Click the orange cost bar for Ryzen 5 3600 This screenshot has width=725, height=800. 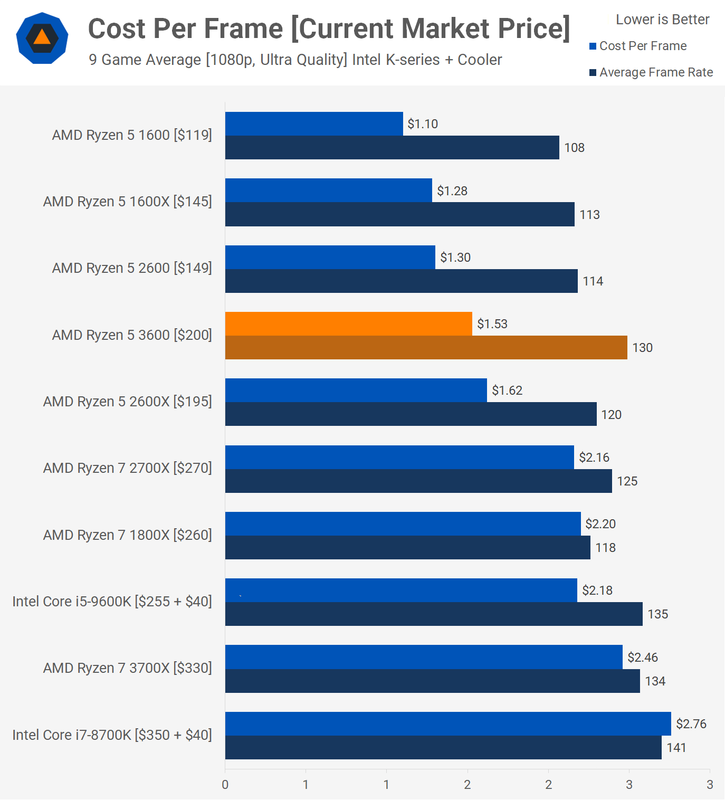click(x=348, y=323)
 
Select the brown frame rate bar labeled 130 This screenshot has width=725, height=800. click(x=426, y=347)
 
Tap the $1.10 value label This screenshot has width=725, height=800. click(x=423, y=124)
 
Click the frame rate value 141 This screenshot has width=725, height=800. click(x=676, y=748)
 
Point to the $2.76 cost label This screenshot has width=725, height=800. click(x=691, y=724)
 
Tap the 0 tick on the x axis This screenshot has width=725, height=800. click(x=225, y=785)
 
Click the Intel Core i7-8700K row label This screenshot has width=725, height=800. click(x=112, y=735)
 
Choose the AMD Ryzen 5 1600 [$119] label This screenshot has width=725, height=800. click(x=132, y=135)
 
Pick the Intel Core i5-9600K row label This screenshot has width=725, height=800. click(x=112, y=602)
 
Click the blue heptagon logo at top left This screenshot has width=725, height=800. click(x=42, y=38)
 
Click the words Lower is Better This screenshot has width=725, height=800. click(x=662, y=20)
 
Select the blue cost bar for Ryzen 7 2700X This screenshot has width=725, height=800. click(x=399, y=457)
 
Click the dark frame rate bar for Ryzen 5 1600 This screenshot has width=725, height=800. click(x=392, y=147)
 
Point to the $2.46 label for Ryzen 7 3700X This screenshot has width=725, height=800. click(x=642, y=658)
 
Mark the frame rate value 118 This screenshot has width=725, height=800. click(x=605, y=548)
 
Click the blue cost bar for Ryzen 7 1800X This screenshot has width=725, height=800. click(x=403, y=523)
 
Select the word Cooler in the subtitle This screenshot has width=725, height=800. click(x=480, y=60)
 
